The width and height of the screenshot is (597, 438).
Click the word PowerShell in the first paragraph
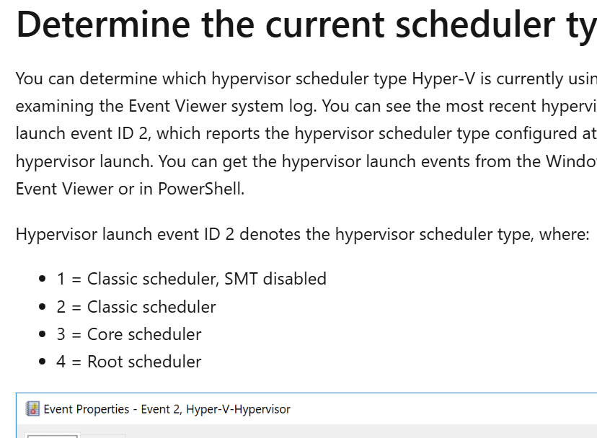click(205, 189)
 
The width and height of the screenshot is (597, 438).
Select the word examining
click(55, 107)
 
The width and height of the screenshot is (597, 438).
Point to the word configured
click(526, 134)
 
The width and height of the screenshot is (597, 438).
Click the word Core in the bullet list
click(104, 334)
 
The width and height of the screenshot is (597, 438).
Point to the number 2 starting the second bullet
click(61, 307)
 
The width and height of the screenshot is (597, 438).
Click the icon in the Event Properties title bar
click(32, 409)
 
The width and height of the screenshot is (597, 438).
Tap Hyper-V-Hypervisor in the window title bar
click(238, 409)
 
